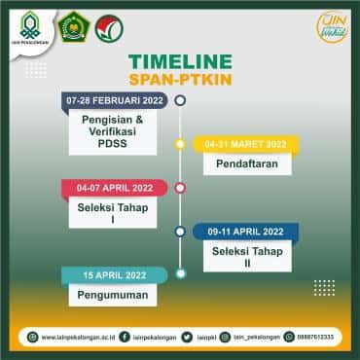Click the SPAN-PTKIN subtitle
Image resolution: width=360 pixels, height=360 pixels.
click(180, 78)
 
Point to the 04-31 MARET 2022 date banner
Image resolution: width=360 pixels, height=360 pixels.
click(245, 144)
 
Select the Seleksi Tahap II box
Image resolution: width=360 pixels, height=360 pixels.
click(245, 257)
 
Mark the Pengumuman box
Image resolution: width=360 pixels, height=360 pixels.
click(107, 293)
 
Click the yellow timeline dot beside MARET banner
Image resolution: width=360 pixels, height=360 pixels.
click(180, 144)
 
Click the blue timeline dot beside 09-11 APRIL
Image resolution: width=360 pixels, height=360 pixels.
click(180, 232)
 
